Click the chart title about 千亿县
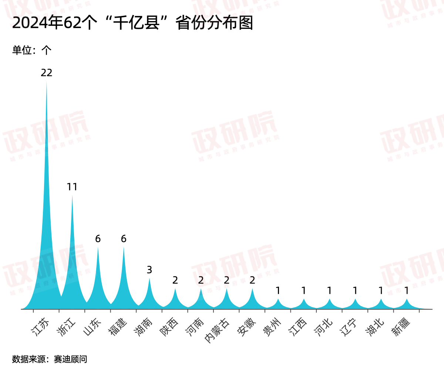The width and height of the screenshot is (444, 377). point(132,23)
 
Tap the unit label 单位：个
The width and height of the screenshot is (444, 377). point(32,50)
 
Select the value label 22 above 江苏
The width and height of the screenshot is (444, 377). point(47,73)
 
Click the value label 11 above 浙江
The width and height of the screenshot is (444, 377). point(72,187)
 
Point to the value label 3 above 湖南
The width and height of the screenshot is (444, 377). point(149,270)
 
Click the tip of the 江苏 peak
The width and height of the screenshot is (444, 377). point(47,83)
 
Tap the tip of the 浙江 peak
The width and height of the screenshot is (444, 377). point(72,197)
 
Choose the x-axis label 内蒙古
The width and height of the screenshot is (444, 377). point(217,330)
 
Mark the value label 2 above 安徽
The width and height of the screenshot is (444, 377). point(252,281)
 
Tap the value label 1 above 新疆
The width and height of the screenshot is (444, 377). point(407,291)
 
